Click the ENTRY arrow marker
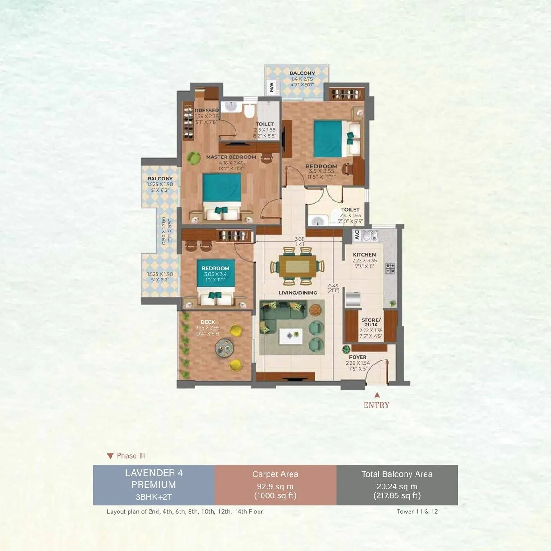(377, 394)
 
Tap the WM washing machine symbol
(271, 87)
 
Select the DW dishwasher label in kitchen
(356, 236)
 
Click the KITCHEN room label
(364, 254)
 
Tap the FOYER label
(358, 357)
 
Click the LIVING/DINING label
(298, 293)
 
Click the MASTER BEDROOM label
(231, 157)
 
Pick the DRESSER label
(206, 111)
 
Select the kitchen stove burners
(390, 268)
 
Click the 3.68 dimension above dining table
(300, 238)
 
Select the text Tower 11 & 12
(417, 511)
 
